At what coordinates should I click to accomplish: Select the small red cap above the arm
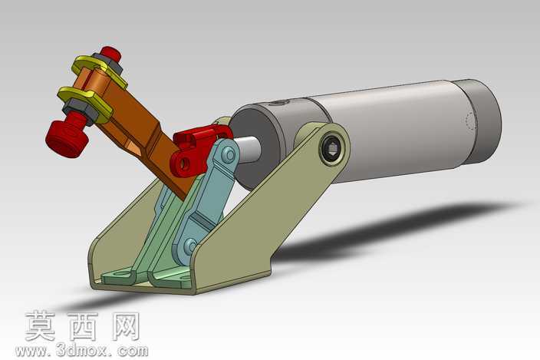[x=111, y=54]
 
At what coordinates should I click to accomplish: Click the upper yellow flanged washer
[x=99, y=71]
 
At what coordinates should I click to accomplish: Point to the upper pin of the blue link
[x=228, y=155]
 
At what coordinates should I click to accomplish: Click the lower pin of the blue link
[x=190, y=246]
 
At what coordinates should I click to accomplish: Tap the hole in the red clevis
[x=186, y=163]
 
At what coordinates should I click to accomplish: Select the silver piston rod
[x=247, y=149]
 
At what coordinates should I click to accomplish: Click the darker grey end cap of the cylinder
[x=480, y=121]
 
